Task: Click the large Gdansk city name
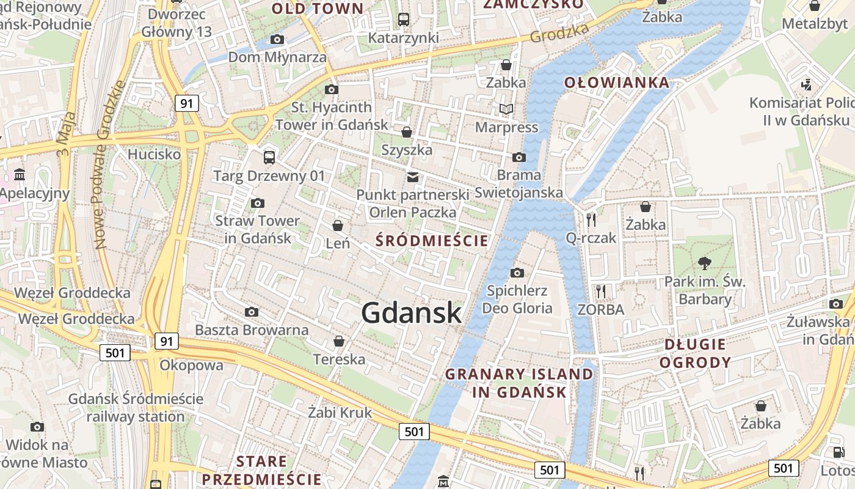[411, 313]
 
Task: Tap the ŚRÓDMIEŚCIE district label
[432, 240]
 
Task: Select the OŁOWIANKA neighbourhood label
[616, 83]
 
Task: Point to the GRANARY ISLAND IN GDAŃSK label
[519, 383]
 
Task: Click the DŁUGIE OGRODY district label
[695, 353]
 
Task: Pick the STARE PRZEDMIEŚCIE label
[261, 469]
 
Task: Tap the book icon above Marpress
[506, 109]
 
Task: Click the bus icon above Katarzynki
[404, 20]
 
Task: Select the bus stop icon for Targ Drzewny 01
[269, 158]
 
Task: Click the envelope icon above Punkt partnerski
[413, 177]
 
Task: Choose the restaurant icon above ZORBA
[601, 292]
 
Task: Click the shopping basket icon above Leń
[337, 226]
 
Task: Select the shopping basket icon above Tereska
[339, 341]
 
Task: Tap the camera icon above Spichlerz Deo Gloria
[517, 273]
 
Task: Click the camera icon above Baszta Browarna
[251, 312]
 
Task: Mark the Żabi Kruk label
[340, 413]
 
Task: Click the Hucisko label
[154, 154]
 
